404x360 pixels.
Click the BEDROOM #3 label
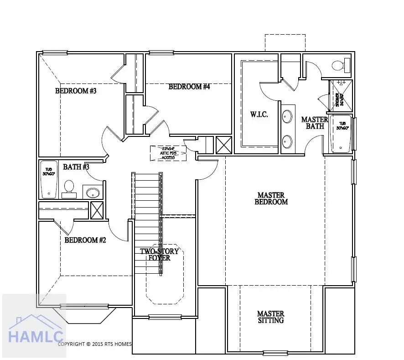(x=76, y=91)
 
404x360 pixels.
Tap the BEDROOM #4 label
(x=189, y=87)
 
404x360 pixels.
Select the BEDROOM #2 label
(x=85, y=240)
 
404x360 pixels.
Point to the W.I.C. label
(x=259, y=115)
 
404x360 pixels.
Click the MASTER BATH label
(x=315, y=123)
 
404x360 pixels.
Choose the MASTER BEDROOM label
(x=271, y=198)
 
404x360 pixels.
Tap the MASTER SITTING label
(x=270, y=317)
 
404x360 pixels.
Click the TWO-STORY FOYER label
(x=159, y=255)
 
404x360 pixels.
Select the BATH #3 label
(x=76, y=167)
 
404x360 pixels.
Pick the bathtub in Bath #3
(x=49, y=179)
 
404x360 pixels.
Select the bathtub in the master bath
(x=342, y=134)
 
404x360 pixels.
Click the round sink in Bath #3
(x=93, y=193)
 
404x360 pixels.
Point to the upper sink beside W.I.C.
(x=287, y=116)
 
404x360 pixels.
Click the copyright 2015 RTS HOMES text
(x=95, y=344)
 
